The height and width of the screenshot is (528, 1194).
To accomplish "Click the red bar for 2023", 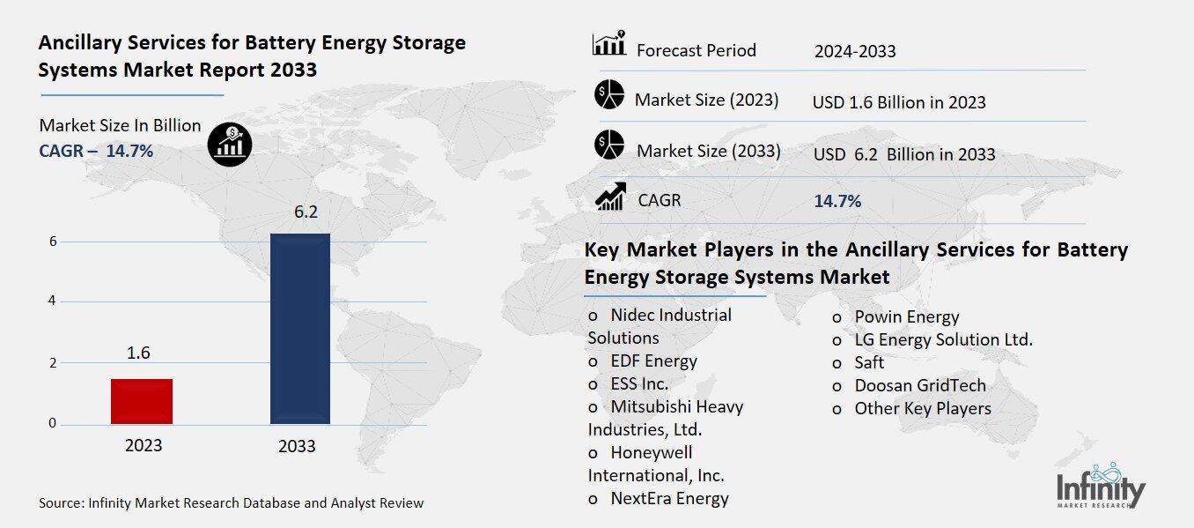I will tap(142, 401).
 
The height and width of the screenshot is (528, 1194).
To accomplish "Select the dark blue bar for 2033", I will tap(299, 328).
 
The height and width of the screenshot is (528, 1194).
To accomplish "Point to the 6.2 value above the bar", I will tap(299, 212).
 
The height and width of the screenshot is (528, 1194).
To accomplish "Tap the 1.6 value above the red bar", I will tap(138, 353).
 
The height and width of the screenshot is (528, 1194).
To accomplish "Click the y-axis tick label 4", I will tap(53, 301).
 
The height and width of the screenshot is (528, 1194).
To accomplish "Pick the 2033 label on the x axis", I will tap(297, 446).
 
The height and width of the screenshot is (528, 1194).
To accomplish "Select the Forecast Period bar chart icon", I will tap(609, 44).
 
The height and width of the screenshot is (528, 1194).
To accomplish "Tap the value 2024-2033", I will tap(855, 51).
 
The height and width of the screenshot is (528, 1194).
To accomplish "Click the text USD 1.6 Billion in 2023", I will tap(899, 102).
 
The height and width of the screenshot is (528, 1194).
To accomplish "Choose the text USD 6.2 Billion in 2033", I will tap(904, 154).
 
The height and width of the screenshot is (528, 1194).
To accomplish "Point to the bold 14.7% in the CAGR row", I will tap(837, 201).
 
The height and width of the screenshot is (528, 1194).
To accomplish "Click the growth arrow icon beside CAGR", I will tap(610, 197).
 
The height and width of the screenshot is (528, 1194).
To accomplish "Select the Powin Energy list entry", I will tap(906, 316).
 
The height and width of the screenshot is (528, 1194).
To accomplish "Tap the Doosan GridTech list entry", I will tap(919, 385).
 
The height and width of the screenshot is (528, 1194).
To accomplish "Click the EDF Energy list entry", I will tap(653, 361).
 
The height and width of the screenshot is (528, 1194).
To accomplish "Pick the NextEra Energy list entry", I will tap(669, 498).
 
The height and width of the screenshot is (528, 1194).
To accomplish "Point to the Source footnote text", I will tap(231, 503).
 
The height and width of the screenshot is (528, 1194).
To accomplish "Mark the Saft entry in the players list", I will tap(868, 362).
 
